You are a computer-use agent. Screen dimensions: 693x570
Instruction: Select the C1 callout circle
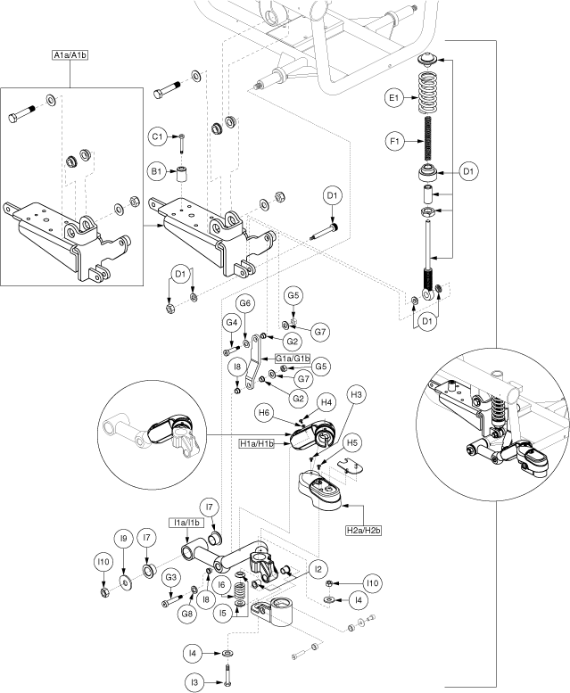157,136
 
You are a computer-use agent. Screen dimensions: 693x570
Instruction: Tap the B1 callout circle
157,170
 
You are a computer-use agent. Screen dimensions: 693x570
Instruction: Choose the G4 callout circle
232,322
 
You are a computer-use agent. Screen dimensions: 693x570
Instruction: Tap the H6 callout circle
264,413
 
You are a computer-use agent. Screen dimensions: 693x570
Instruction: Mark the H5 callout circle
352,441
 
